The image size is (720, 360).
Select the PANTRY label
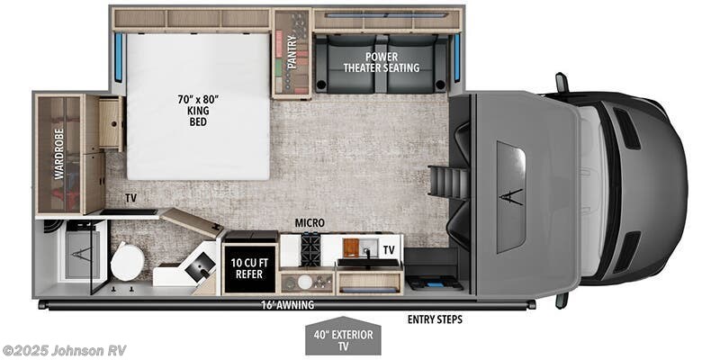tap(292, 53)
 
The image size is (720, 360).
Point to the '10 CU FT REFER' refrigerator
tap(249, 270)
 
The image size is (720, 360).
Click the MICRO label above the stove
tap(309, 222)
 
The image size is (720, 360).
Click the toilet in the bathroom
tap(127, 264)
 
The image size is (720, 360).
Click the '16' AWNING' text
tap(286, 305)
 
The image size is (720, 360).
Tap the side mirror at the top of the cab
tap(561, 83)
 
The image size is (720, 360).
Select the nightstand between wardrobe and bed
tap(110, 124)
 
